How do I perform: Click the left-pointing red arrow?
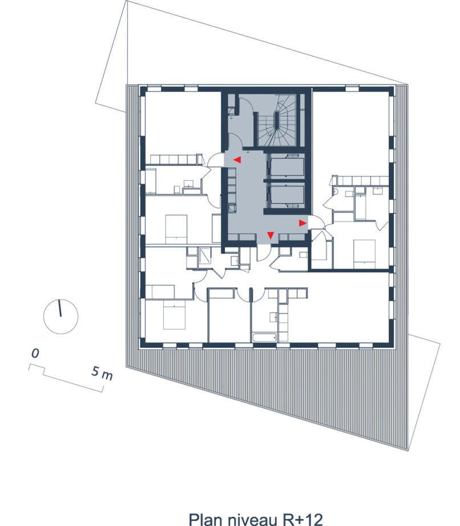coord(237,160)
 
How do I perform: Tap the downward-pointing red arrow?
coord(270,235)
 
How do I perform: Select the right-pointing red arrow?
coord(302,223)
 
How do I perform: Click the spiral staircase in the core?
coord(277,120)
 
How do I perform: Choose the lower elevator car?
coord(287,195)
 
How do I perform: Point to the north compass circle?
coord(60,316)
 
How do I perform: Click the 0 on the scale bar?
coord(35,354)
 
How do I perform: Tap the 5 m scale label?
coord(102,374)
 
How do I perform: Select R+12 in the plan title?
coord(302,519)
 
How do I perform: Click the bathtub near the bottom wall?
coord(265,338)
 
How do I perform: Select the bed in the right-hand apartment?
coord(364,254)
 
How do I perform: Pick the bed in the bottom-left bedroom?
coord(174,314)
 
